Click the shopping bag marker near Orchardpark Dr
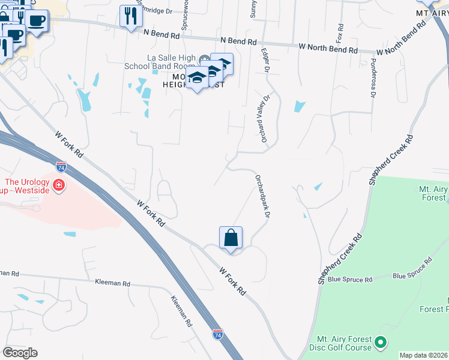[x=231, y=238]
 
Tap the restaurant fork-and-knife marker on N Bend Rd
[x=130, y=16]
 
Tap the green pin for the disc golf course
[x=379, y=343]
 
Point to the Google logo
[x=20, y=353]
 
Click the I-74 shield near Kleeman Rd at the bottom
[x=217, y=334]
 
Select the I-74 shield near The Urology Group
[x=61, y=166]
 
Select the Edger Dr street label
[x=264, y=62]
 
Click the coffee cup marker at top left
[x=36, y=20]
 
